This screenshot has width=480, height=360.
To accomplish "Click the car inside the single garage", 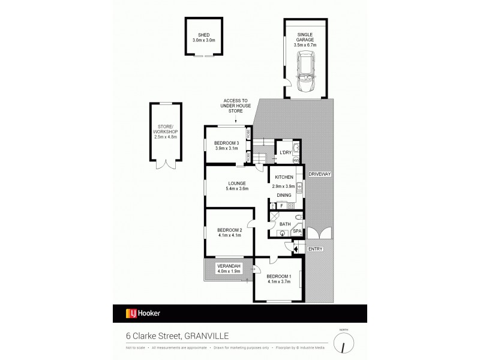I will (306, 71).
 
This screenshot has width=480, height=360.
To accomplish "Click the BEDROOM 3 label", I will (226, 143).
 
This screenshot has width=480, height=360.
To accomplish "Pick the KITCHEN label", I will (284, 177).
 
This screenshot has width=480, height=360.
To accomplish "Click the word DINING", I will (284, 196).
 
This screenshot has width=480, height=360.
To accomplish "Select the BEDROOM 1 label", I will (278, 277).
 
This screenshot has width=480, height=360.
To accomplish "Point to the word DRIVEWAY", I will (320, 173).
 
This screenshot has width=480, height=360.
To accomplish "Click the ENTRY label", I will (316, 248).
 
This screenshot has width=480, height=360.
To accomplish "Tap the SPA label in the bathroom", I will (296, 231).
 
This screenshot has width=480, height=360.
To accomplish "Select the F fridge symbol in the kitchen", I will (281, 206).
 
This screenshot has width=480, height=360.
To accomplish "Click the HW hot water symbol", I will (295, 160).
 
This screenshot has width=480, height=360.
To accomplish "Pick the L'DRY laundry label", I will (286, 153).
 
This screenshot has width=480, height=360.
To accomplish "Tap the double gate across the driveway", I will (318, 233).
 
